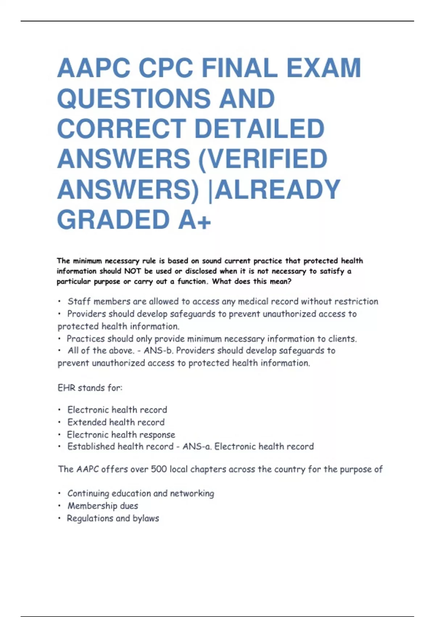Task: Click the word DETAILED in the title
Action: click(x=259, y=129)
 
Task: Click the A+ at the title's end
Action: click(x=194, y=220)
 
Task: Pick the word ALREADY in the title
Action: click(x=278, y=189)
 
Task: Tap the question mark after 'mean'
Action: click(x=289, y=281)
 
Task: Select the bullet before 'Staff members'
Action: click(x=59, y=302)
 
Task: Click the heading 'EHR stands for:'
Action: click(x=90, y=388)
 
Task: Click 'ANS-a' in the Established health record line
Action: click(x=196, y=446)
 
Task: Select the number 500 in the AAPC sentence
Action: click(x=158, y=469)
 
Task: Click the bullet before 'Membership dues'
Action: click(x=59, y=506)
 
